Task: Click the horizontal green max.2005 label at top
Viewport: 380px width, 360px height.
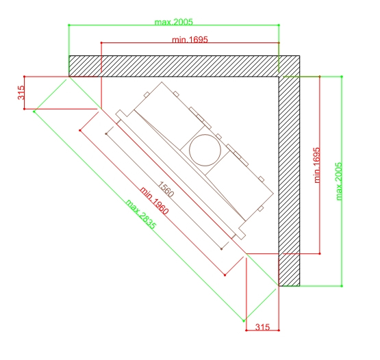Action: click(173, 22)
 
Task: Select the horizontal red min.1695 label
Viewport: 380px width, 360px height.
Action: click(190, 40)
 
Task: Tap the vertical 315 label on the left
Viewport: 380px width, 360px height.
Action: click(21, 92)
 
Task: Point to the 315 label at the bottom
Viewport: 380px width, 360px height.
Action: click(262, 327)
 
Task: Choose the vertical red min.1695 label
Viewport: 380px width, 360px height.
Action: click(317, 165)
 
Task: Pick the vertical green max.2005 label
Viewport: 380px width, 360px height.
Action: click(339, 181)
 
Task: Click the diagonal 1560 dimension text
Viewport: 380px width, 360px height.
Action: click(166, 189)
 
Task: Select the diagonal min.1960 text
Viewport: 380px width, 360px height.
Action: click(154, 201)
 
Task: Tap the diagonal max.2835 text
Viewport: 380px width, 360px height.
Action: click(141, 214)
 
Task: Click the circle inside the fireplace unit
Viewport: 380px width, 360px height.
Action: click(205, 150)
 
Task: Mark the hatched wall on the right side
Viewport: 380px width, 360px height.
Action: click(289, 181)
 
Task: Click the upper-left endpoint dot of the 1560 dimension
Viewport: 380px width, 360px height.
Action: click(106, 133)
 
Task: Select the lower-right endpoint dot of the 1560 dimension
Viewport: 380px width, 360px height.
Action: click(222, 249)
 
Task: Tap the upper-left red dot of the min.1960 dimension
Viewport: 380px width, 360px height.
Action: click(80, 131)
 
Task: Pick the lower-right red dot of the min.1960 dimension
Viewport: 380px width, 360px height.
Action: click(225, 275)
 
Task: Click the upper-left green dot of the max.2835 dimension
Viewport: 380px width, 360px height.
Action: click(34, 112)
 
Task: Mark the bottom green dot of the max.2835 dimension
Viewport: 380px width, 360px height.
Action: click(244, 321)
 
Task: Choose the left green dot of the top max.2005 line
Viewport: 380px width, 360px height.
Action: click(69, 25)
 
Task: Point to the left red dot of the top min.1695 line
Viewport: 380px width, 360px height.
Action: click(101, 43)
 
